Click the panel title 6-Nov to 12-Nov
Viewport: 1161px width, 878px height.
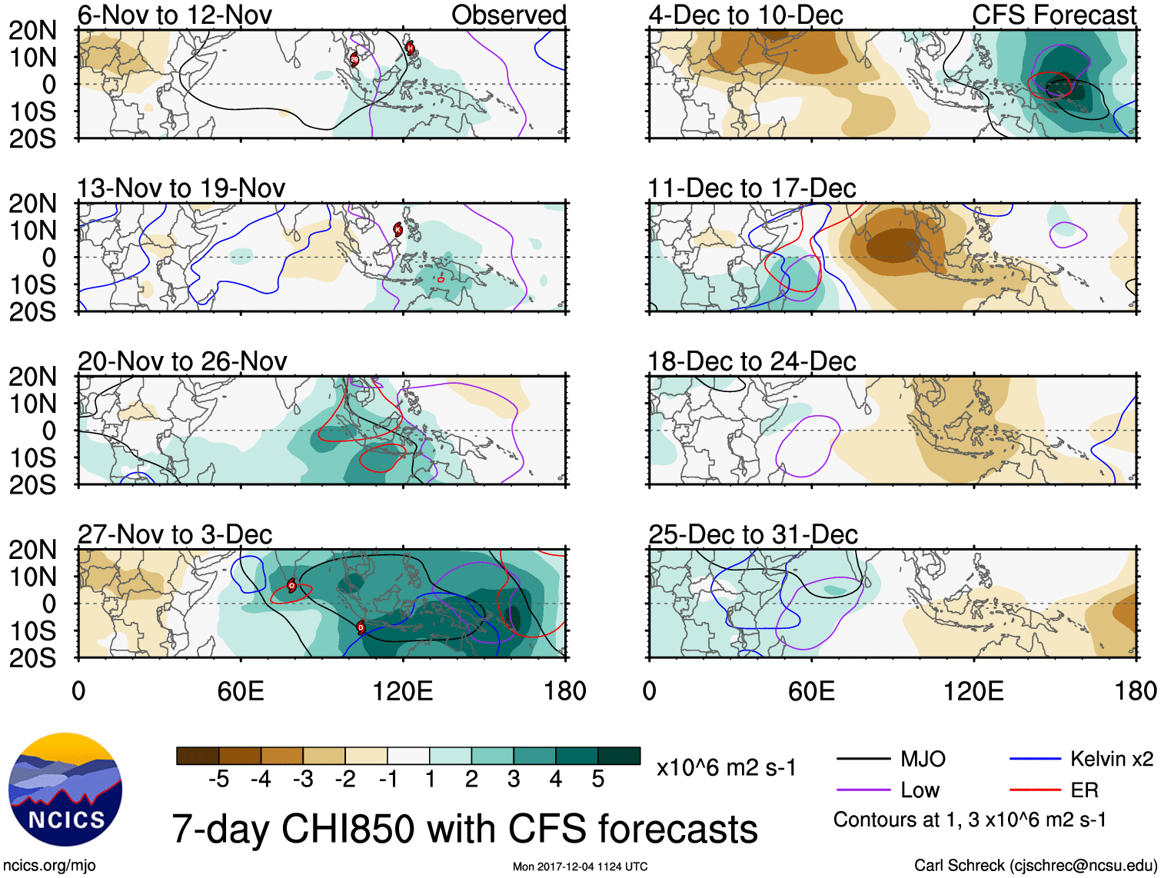175,15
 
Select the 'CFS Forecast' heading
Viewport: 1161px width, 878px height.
1053,15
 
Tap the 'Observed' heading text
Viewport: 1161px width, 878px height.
508,15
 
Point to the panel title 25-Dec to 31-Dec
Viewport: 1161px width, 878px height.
753,534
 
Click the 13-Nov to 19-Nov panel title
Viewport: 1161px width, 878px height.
181,188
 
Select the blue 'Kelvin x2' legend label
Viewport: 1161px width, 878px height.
1111,760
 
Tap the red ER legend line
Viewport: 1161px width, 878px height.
1035,790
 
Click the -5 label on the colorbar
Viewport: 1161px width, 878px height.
218,780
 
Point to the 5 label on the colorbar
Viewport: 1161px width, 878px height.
598,780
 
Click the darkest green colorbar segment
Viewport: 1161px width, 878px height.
619,756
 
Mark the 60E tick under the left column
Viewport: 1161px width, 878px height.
241,691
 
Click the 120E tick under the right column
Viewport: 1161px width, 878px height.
973,691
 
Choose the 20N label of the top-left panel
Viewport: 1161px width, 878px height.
32,31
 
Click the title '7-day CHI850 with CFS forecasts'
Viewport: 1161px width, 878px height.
464,830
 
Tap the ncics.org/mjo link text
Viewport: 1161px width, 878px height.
49,866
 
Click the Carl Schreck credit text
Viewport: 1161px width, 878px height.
1035,866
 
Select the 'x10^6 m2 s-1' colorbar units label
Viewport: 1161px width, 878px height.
726,768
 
